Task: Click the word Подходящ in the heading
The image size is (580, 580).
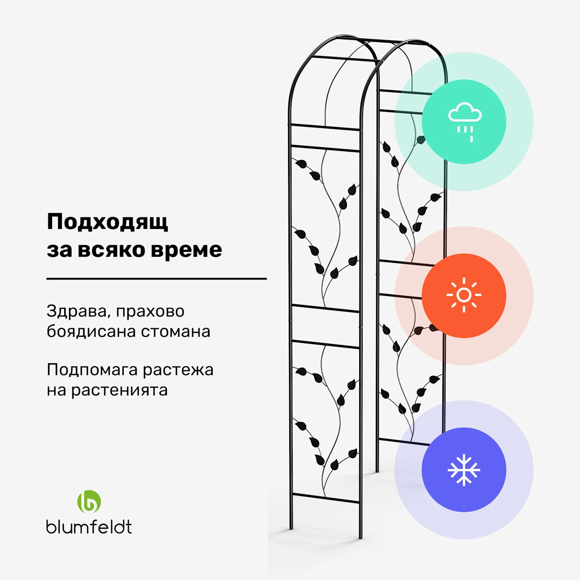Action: [107, 222]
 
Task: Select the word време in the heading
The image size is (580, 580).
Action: [186, 250]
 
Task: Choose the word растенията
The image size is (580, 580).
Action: [119, 390]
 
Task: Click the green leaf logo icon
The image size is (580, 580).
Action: [89, 502]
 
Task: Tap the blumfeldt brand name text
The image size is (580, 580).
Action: [89, 527]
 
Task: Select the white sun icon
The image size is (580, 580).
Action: [464, 295]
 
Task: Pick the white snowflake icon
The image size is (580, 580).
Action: [464, 470]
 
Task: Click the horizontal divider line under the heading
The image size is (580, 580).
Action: [157, 278]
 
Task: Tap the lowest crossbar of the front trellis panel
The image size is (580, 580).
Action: [326, 498]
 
